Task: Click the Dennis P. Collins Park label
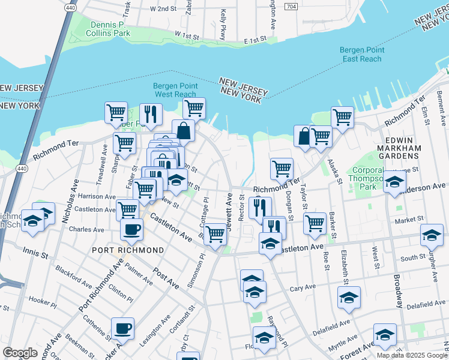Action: [x=110, y=29]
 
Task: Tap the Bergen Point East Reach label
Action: [x=361, y=54]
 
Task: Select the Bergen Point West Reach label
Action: [x=174, y=90]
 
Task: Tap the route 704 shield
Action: [x=291, y=7]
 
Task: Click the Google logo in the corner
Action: [x=20, y=353]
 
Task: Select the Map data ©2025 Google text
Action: [x=412, y=355]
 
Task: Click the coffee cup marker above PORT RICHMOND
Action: [x=131, y=228]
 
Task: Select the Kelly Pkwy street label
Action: [x=223, y=21]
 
